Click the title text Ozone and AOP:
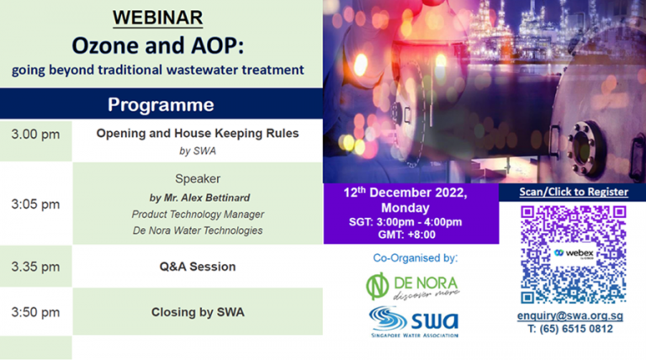pyautogui.click(x=157, y=43)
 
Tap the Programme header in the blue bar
pyautogui.click(x=160, y=105)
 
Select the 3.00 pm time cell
pyautogui.click(x=35, y=135)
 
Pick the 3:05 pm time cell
pyautogui.click(x=35, y=204)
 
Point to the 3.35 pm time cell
pyautogui.click(x=35, y=267)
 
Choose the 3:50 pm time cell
pyautogui.click(x=35, y=312)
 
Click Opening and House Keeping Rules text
pyautogui.click(x=198, y=133)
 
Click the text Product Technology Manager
pyautogui.click(x=198, y=214)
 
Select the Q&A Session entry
pyautogui.click(x=198, y=267)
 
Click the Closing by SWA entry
pyautogui.click(x=198, y=312)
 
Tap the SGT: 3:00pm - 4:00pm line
pyautogui.click(x=405, y=221)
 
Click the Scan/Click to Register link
pyautogui.click(x=573, y=192)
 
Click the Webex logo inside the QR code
pyautogui.click(x=573, y=252)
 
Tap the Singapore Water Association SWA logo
pyautogui.click(x=413, y=320)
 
